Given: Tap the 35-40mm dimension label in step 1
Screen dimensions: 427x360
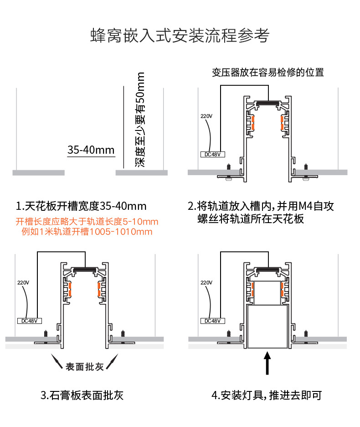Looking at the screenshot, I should click(91, 150).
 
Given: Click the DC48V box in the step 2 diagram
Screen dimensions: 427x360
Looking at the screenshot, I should click(212, 154).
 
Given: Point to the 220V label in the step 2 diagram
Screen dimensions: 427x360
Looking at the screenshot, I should click(206, 116).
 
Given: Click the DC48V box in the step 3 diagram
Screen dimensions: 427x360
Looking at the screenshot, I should click(29, 320).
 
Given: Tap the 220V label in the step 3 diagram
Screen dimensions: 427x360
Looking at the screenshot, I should click(23, 282).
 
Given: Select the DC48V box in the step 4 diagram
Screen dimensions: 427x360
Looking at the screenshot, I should click(212, 320).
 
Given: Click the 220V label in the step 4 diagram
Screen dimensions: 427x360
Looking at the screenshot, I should click(206, 282).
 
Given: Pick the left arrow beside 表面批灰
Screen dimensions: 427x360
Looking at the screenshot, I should click(58, 362).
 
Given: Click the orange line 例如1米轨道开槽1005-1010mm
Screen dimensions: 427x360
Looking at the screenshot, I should click(87, 232).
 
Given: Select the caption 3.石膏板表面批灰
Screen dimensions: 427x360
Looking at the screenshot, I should click(82, 395).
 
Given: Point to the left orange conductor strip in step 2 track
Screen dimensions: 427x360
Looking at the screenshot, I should click(251, 123).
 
